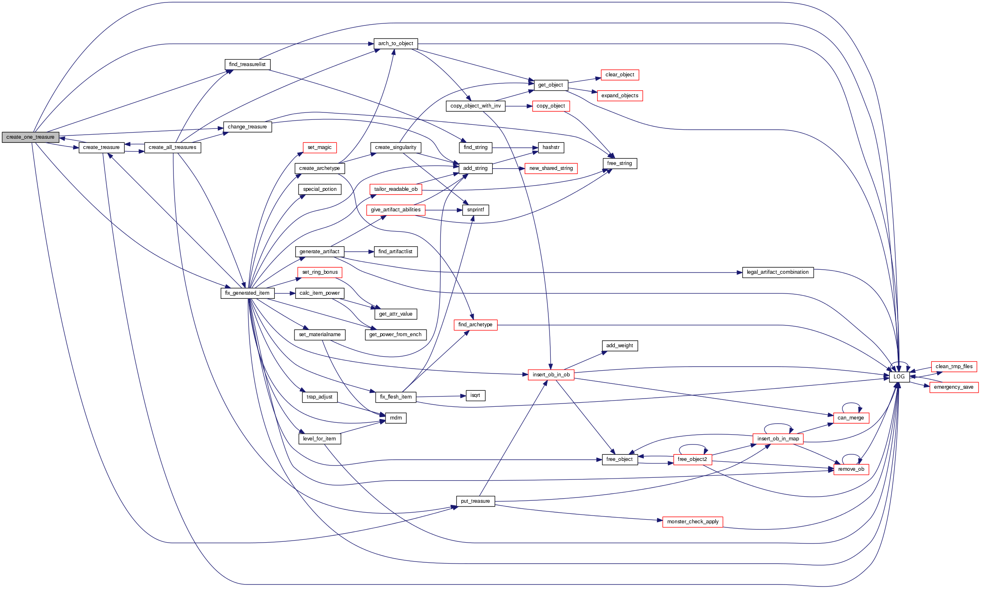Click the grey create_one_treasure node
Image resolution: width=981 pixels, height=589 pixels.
point(30,137)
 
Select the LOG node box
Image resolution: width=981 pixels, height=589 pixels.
point(899,377)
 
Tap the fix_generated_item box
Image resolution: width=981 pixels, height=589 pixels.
point(247,293)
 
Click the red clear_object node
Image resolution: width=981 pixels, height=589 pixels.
point(620,75)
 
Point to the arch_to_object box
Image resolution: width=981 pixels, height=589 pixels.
point(395,44)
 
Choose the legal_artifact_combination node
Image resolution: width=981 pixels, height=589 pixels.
point(778,272)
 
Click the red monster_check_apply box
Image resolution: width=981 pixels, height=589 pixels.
point(693,522)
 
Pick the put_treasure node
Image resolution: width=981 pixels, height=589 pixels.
point(475,501)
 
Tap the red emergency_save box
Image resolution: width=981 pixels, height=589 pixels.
point(954,387)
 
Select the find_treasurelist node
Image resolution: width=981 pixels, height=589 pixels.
point(247,64)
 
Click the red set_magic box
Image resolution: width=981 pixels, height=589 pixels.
point(319,147)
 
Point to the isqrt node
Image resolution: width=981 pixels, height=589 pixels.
point(475,395)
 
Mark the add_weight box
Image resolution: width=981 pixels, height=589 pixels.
point(619,346)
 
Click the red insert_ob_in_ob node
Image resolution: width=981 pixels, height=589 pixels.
point(551,375)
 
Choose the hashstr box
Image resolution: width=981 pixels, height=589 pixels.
point(551,147)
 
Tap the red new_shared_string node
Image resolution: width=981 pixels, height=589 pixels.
point(551,168)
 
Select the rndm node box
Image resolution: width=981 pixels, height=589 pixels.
point(396,418)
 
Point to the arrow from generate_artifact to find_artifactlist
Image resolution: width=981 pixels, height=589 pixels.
point(359,252)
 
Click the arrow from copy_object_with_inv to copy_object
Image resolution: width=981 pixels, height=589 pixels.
point(519,106)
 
